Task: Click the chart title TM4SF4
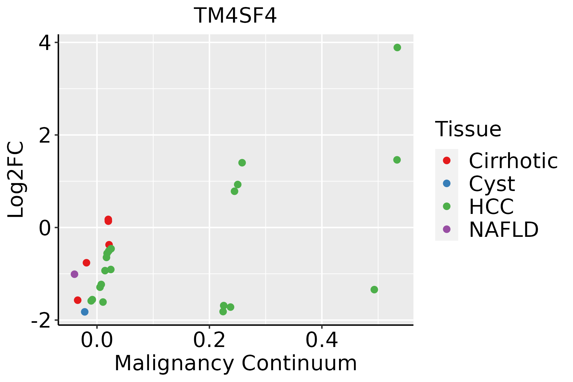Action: [x=235, y=16]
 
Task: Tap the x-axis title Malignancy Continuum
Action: [x=236, y=363]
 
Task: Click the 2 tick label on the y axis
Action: [x=44, y=135]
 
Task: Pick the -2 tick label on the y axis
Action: [x=40, y=320]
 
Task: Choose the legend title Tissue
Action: [x=468, y=129]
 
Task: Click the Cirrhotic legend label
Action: [x=513, y=161]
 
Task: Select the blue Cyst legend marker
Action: [x=447, y=183]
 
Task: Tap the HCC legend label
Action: [x=491, y=207]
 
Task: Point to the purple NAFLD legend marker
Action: [x=447, y=229]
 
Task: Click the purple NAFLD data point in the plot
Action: [x=74, y=274]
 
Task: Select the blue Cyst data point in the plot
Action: [x=85, y=312]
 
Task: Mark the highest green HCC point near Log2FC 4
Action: [x=397, y=47]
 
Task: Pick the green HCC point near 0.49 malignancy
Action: [x=374, y=290]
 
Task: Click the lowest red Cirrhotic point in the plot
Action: [x=78, y=300]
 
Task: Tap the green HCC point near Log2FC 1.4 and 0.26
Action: [x=242, y=163]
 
